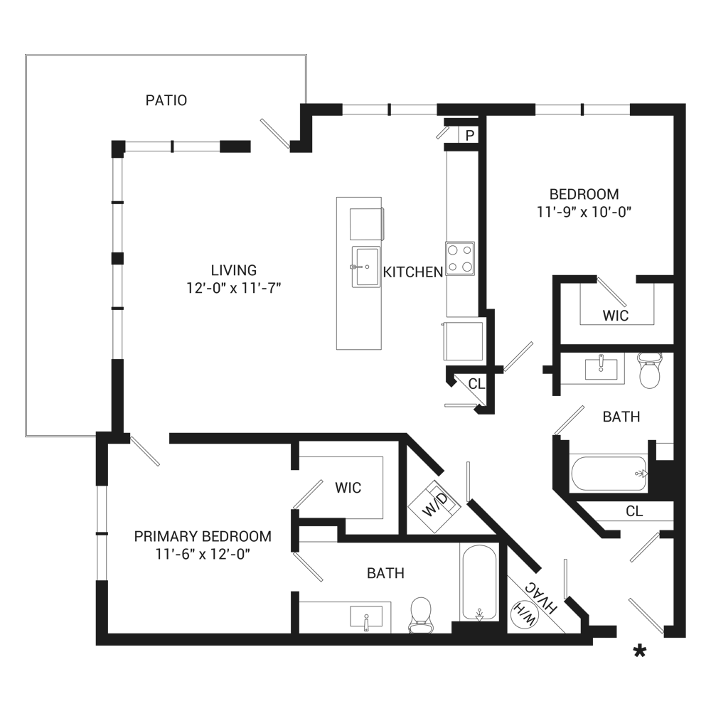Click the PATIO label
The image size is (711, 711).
(x=166, y=100)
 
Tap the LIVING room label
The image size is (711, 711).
(x=233, y=270)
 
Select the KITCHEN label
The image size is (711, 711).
(x=412, y=272)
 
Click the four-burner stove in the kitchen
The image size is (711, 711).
(x=460, y=259)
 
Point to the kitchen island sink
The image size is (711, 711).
(x=366, y=267)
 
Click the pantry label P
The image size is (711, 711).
(x=470, y=135)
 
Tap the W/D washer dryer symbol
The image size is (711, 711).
(x=434, y=506)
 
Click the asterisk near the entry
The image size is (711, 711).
(x=640, y=651)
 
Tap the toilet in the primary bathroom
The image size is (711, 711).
(x=420, y=615)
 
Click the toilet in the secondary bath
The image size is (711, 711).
(x=650, y=370)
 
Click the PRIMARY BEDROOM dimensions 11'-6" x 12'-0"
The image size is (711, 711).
(x=203, y=554)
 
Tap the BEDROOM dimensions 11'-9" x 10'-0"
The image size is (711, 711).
(x=584, y=212)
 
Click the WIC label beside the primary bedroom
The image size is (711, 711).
(x=348, y=488)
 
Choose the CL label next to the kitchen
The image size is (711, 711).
(x=476, y=384)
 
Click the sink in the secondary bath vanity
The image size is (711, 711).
(x=601, y=368)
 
